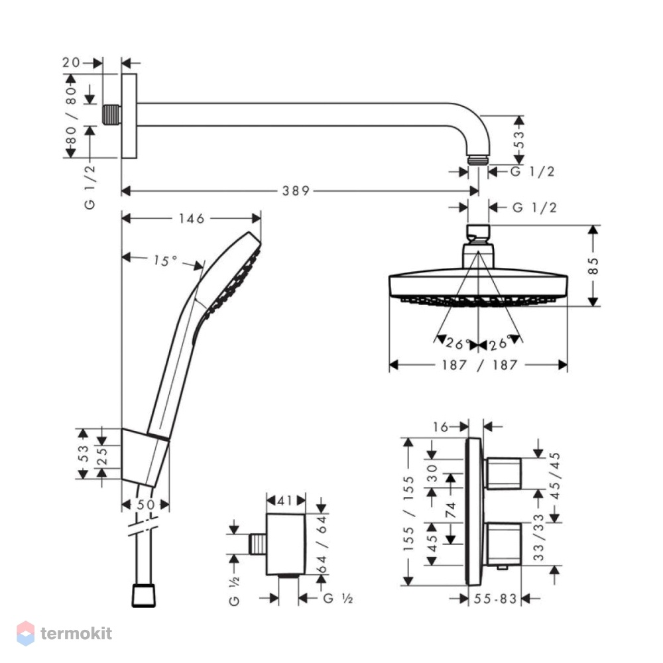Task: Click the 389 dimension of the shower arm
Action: pos(296,191)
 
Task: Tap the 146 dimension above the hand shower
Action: pos(192,219)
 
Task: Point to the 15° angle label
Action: pos(165,261)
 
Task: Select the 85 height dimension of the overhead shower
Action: pos(593,266)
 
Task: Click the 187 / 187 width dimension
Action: pos(479,365)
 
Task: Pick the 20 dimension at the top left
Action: pos(71,62)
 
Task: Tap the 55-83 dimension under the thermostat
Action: pos(495,599)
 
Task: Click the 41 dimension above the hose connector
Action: pos(285,501)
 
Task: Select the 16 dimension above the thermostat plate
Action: pos(440,427)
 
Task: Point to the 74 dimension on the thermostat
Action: pos(451,510)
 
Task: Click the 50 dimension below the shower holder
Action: pos(146,505)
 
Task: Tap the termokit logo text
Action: pos(76,633)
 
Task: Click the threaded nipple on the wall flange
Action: pos(111,115)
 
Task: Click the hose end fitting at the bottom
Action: pos(144,595)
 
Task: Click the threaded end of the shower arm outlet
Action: pos(478,160)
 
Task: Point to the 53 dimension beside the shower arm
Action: pos(519,139)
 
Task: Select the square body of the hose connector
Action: pos(285,544)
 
